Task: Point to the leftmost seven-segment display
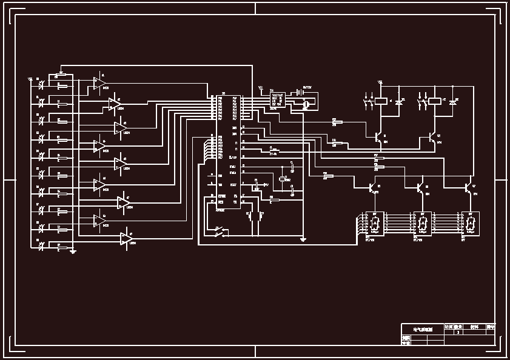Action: (374, 224)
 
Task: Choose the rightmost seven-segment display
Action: (471, 224)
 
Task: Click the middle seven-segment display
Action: (422, 224)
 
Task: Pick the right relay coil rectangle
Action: (436, 101)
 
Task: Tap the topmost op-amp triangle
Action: (98, 83)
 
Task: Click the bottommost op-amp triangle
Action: (126, 238)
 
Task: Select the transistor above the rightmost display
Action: (469, 188)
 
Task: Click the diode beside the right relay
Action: (452, 104)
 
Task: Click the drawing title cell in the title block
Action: (422, 329)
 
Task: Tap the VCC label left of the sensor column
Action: (30, 79)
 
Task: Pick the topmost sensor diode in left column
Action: (41, 85)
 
